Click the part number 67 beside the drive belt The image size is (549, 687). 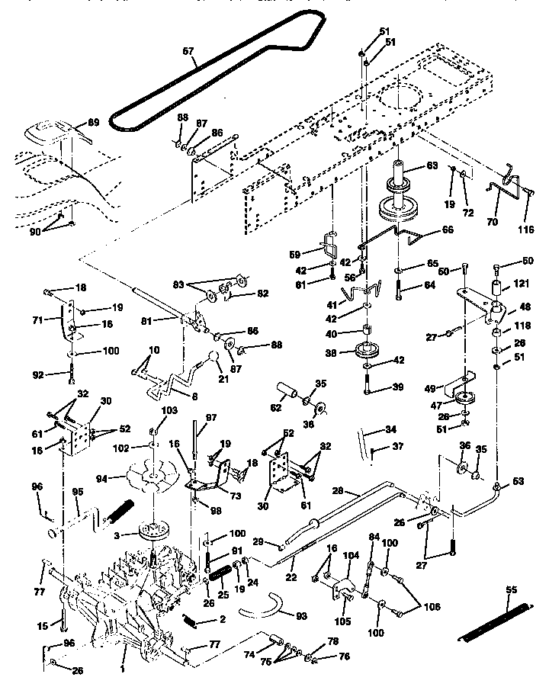pyautogui.click(x=188, y=53)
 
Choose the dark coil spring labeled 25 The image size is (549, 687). pyautogui.click(x=220, y=570)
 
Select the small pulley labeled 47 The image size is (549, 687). pyautogui.click(x=461, y=400)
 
